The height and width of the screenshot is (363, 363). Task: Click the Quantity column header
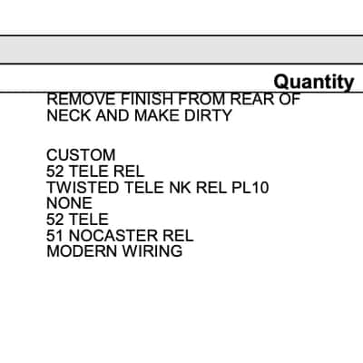pos(314,82)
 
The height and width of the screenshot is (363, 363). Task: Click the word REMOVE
pos(81,99)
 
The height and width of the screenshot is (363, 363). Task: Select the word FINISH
pos(148,99)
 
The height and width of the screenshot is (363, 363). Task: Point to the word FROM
pos(202,99)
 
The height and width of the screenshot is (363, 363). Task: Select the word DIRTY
pos(208,115)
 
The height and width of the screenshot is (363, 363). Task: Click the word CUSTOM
pos(81,155)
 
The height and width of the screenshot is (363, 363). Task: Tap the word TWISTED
pos(83,188)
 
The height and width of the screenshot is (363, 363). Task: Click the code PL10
pos(250,188)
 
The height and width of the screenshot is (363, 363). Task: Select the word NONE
pos(69,203)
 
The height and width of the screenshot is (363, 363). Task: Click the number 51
pos(54,236)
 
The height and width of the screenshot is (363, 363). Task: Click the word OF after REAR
pos(289,99)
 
